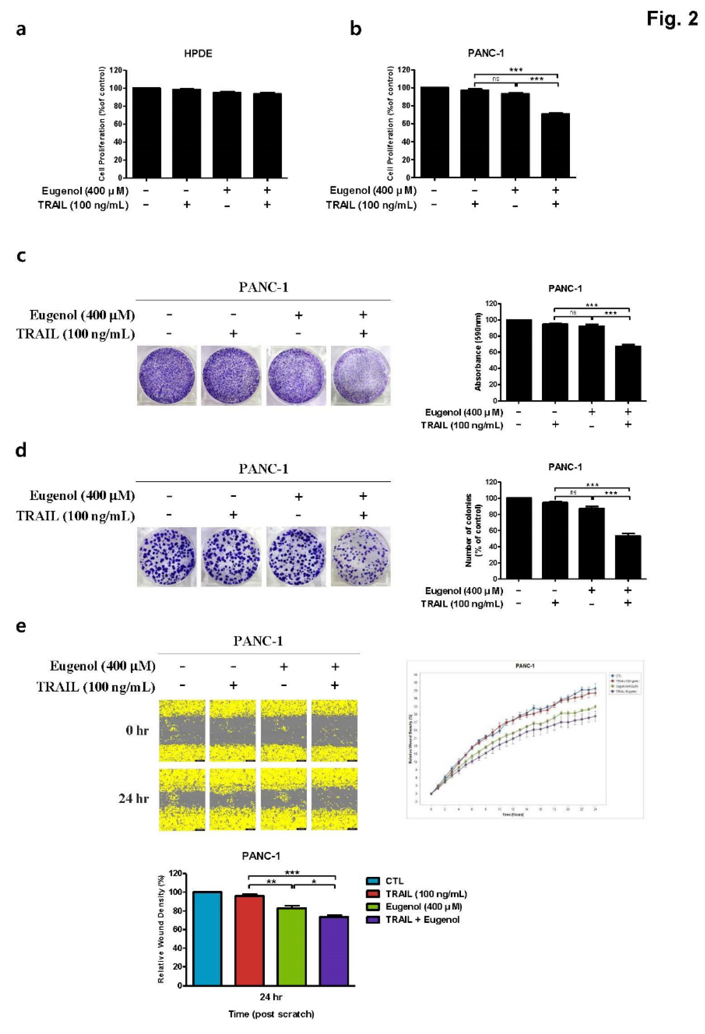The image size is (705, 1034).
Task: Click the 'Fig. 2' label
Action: coord(672,19)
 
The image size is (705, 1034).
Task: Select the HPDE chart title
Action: coord(198,54)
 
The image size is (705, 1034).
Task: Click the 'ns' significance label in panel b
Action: coord(495,79)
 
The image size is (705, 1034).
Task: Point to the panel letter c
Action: coord(21,257)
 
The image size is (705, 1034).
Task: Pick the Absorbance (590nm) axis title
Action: coord(478,352)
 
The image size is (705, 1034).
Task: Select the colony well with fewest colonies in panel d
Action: coord(361,556)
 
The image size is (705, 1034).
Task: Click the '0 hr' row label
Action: coord(137,730)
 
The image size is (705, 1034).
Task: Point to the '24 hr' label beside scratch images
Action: coord(134,799)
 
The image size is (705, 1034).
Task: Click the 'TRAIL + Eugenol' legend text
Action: coord(422,920)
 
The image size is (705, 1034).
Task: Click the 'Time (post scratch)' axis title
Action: coord(271,1011)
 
